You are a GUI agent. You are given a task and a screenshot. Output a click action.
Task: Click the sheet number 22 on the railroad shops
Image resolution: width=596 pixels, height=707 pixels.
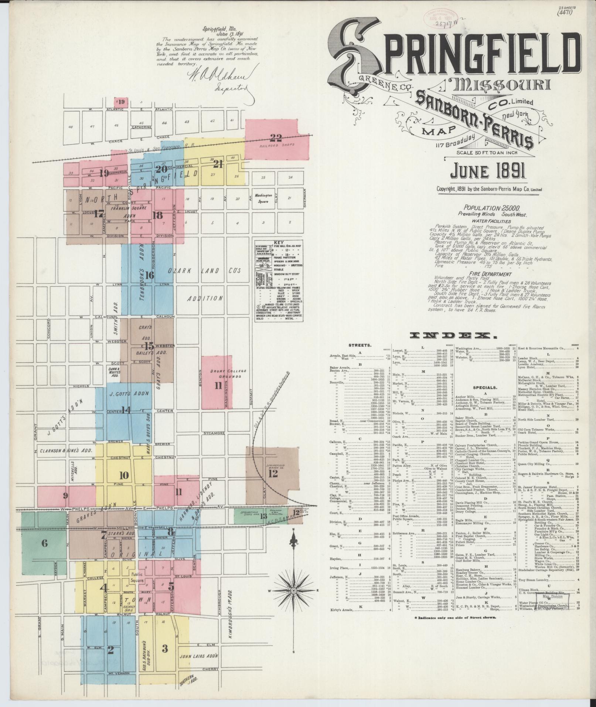[x=276, y=138]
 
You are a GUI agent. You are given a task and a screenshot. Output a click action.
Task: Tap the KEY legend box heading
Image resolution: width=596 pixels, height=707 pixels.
[x=279, y=243]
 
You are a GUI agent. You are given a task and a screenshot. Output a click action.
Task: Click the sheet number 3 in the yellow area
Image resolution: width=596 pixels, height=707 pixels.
[x=165, y=648]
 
